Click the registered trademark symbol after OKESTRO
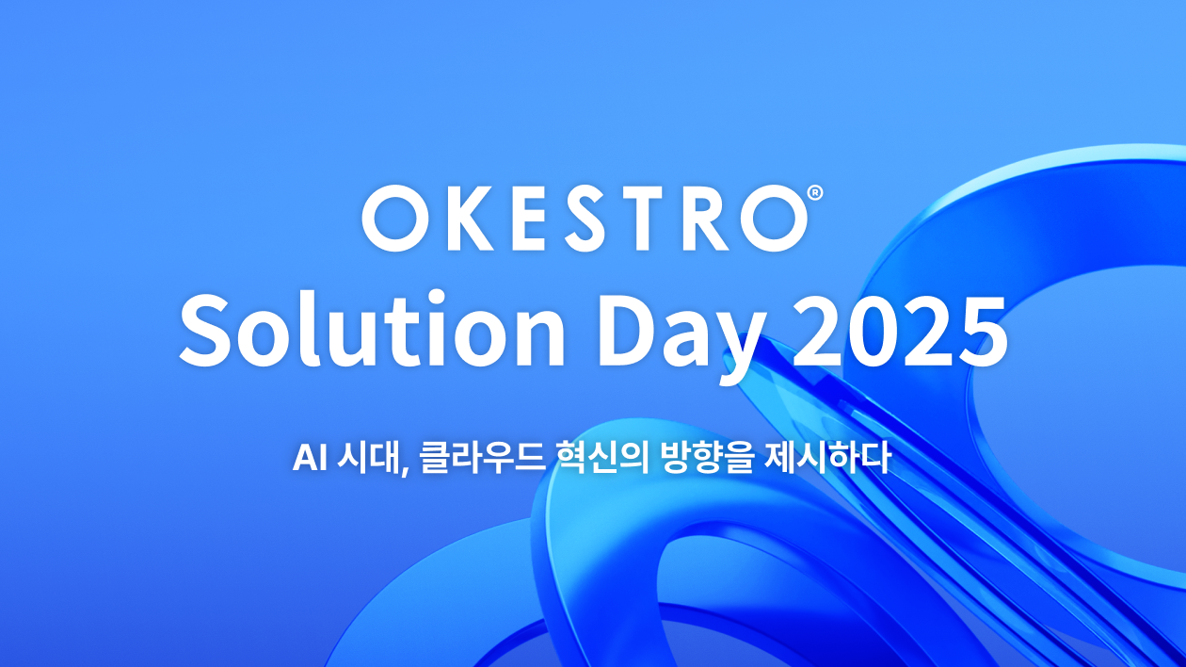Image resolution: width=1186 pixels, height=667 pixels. tap(816, 192)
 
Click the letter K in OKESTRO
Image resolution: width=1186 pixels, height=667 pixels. tap(468, 218)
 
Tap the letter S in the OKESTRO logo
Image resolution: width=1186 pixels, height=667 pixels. tap(584, 218)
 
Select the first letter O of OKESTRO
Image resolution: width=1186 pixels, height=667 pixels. tap(396, 218)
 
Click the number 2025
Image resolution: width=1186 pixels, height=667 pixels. tap(901, 331)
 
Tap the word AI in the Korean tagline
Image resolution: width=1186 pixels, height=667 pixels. tap(309, 458)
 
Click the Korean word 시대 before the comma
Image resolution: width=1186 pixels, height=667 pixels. tap(369, 458)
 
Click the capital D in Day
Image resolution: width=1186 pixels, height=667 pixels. tap(628, 331)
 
